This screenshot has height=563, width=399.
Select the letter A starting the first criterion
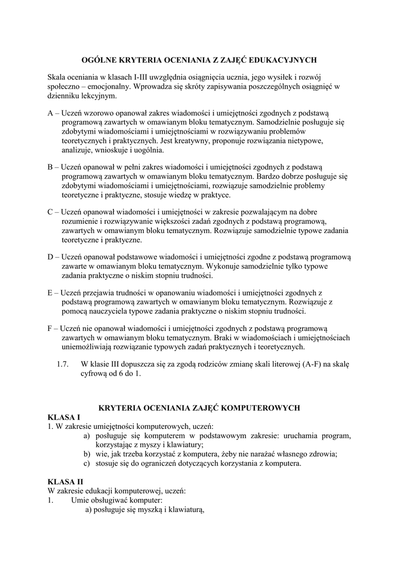[x=51, y=113]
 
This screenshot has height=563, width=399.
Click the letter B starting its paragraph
[x=51, y=166]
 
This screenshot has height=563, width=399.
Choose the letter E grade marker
[x=51, y=291]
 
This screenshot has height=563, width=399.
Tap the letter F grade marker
[x=51, y=328]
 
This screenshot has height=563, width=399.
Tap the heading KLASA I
[x=64, y=417]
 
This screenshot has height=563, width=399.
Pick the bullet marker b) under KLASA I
[x=87, y=454]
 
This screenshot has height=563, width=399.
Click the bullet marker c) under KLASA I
[x=87, y=463]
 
